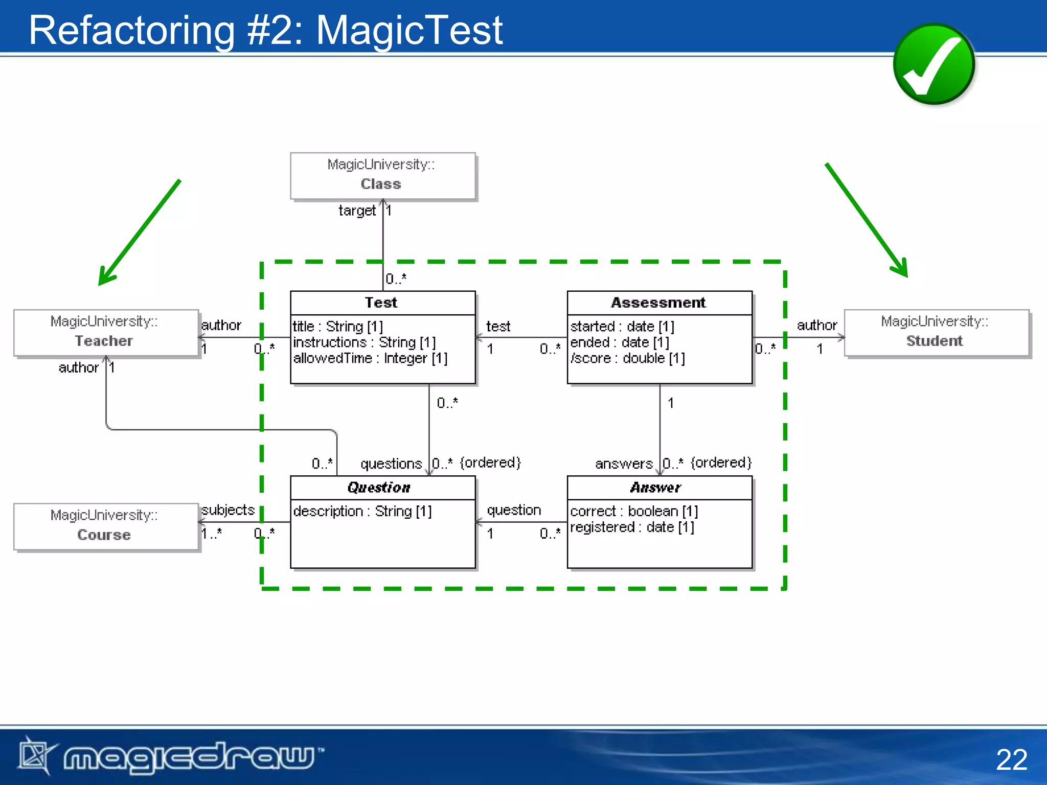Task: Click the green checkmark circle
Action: (934, 64)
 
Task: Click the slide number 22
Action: (1011, 759)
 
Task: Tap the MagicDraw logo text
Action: (189, 756)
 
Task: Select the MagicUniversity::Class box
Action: (382, 175)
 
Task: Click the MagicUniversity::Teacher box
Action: (106, 332)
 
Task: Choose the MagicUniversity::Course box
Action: (106, 526)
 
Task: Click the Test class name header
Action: (381, 303)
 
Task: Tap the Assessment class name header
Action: (658, 303)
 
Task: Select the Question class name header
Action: (379, 488)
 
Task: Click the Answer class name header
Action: (655, 488)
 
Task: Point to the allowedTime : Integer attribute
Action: (370, 358)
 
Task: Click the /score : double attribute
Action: (627, 358)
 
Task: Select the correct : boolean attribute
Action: (633, 511)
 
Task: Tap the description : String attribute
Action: (362, 511)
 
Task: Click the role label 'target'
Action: (357, 211)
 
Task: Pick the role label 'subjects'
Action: (228, 510)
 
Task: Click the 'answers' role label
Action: (624, 464)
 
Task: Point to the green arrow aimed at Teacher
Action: (139, 233)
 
